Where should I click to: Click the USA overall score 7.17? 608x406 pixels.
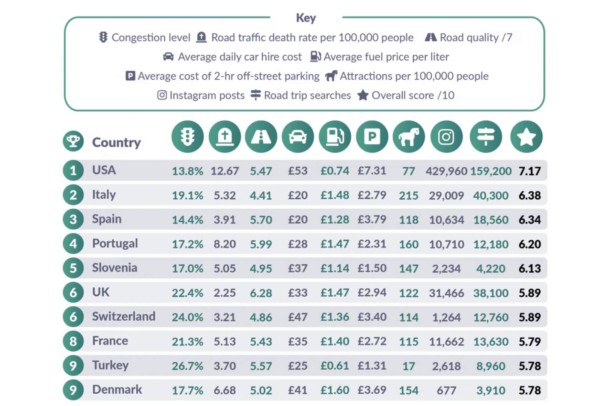(x=530, y=171)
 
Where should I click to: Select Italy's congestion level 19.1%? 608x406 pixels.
(x=187, y=195)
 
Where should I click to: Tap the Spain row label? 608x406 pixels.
(x=107, y=219)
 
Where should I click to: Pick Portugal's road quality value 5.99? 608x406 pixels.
(x=261, y=244)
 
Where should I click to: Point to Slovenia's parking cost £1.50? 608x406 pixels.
(x=372, y=268)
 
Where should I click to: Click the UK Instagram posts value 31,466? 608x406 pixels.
(x=446, y=293)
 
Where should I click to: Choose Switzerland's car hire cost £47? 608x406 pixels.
(x=298, y=317)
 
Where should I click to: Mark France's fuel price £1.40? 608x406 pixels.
(x=335, y=341)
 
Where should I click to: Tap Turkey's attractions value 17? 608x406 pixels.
(x=408, y=366)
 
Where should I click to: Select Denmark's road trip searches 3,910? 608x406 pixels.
(x=491, y=391)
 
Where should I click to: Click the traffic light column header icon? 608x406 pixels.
(x=187, y=136)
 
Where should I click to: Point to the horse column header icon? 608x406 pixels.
(x=409, y=136)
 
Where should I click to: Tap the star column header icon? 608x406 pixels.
(x=526, y=136)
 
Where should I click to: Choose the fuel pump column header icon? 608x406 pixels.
(x=335, y=136)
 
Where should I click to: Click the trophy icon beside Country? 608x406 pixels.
(x=73, y=141)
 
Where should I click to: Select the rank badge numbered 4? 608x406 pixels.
(x=73, y=244)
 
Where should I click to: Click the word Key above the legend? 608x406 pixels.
(x=306, y=18)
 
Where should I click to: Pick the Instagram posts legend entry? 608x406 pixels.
(x=201, y=95)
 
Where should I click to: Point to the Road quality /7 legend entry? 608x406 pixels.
(x=469, y=38)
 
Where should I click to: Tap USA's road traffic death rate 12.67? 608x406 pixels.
(x=224, y=171)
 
